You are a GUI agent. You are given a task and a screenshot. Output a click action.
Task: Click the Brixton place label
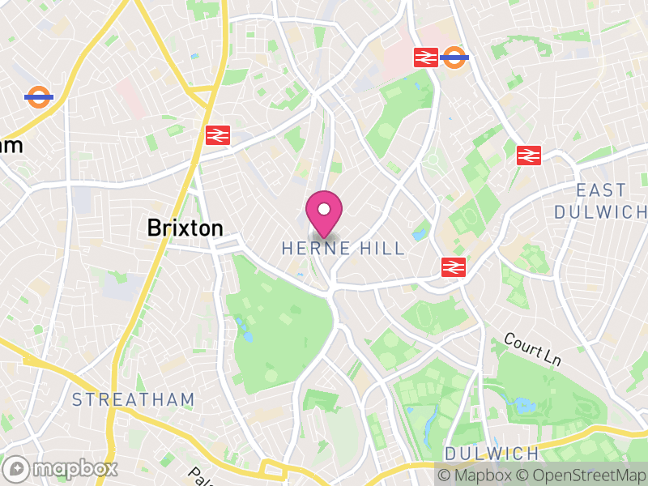coord(185,228)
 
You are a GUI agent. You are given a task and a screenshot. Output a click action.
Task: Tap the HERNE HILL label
coord(343,249)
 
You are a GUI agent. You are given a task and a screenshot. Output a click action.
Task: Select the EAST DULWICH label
coord(601,200)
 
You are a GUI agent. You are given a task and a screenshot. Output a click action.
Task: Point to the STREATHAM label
coord(133,399)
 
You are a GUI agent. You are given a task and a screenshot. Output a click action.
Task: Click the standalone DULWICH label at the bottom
coord(492,453)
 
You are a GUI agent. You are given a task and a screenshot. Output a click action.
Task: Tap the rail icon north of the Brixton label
coord(216,135)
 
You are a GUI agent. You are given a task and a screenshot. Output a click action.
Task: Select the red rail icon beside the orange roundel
coord(425,57)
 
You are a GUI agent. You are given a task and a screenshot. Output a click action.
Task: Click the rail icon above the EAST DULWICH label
coord(528,155)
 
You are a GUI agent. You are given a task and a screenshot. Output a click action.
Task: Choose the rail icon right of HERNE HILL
coord(452,266)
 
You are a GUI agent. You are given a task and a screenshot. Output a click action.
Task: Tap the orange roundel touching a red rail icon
coord(454,57)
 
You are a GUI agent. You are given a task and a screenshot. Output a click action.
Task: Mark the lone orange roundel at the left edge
coord(38,97)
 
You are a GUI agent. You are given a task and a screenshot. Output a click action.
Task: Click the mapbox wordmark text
coord(75,468)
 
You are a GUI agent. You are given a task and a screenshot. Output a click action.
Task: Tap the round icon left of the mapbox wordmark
coord(17,468)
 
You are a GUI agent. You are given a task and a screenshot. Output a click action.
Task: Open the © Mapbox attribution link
coord(477,475)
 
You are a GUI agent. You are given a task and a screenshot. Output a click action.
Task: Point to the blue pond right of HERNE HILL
coord(418,235)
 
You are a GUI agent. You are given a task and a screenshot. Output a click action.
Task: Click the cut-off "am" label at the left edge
coord(10,146)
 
